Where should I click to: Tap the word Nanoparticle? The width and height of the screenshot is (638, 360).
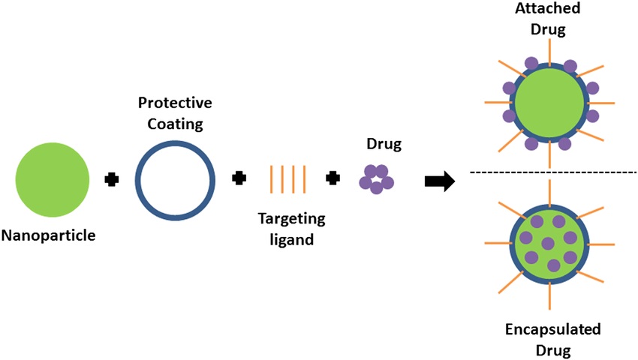[x=50, y=236]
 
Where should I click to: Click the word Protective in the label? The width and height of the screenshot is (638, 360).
[x=174, y=102]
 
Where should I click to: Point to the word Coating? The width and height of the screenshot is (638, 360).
[x=174, y=122]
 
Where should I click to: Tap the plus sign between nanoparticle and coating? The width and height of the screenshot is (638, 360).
[x=111, y=179]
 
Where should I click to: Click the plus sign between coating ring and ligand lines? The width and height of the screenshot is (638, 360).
[x=239, y=178]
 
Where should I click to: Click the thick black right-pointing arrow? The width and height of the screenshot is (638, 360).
[x=440, y=181]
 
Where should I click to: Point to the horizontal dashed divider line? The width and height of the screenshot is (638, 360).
[x=552, y=172]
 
